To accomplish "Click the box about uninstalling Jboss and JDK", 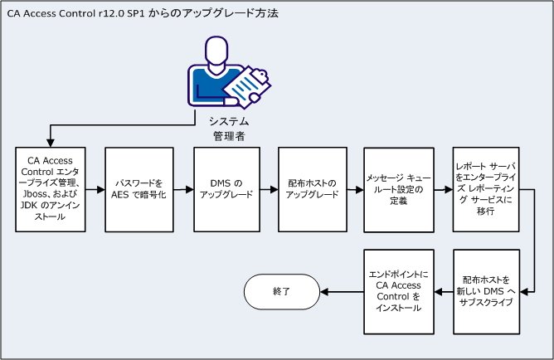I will (51, 190).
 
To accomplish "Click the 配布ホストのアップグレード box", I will (312, 190).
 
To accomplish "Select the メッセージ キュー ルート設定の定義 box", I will (398, 190).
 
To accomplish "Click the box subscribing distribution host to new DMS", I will (486, 290).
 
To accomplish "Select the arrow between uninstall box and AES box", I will (95, 190).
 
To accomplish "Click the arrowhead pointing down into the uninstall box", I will (51, 144).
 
